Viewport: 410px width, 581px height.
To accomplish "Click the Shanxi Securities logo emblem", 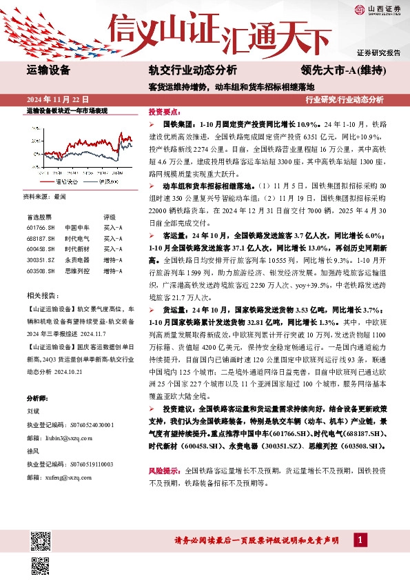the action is tap(359, 9).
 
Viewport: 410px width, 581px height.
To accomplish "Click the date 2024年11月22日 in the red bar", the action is tap(57, 99).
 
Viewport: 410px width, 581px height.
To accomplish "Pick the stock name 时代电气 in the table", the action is tap(74, 238).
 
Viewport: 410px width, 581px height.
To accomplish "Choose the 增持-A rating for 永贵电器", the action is tap(113, 260).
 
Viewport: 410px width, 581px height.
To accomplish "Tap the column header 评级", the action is tap(109, 216).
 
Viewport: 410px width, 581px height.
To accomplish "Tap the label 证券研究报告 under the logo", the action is tap(378, 53).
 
